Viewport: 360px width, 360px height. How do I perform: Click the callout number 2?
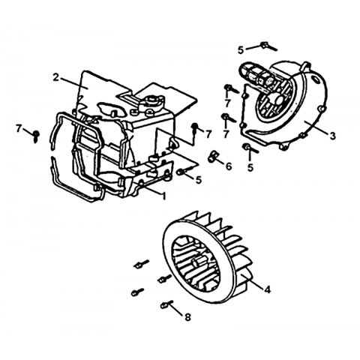[x=56, y=77]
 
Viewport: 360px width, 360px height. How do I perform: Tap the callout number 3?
[x=332, y=136]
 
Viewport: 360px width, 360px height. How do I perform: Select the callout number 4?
[x=267, y=289]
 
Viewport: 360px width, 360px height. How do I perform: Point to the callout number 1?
[x=163, y=196]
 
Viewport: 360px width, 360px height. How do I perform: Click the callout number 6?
[x=229, y=166]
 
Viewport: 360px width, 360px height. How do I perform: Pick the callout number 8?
[x=187, y=317]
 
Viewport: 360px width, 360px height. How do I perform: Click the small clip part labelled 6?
[x=212, y=156]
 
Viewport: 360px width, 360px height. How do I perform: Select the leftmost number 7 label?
[x=18, y=129]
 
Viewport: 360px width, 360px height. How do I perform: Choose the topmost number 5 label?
[x=241, y=50]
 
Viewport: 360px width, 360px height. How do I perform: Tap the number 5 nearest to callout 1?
[x=199, y=180]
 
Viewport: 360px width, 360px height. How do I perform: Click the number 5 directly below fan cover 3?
[x=250, y=167]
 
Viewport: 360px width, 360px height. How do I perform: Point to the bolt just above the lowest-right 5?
[x=250, y=148]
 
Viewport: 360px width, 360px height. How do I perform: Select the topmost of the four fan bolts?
[x=142, y=264]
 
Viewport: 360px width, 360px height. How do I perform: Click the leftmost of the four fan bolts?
[x=137, y=291]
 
